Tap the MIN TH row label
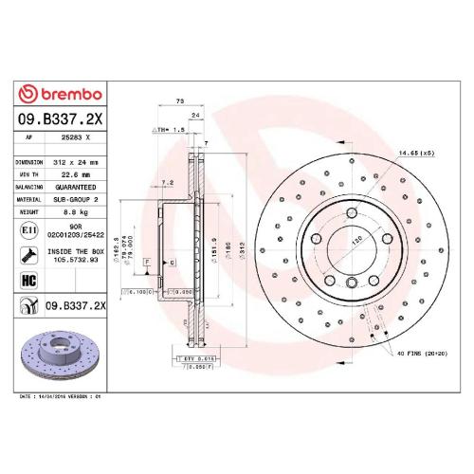point(29,174)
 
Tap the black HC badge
point(28,281)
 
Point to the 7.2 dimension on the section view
point(168,181)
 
